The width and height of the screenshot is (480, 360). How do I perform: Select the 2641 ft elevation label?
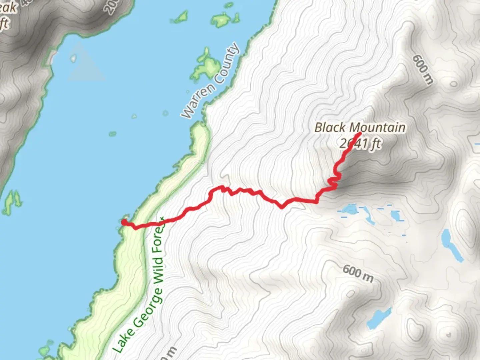tap(360, 143)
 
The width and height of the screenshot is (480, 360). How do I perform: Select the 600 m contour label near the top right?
tap(423, 69)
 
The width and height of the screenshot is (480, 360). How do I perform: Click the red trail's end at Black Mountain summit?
tap(359, 134)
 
